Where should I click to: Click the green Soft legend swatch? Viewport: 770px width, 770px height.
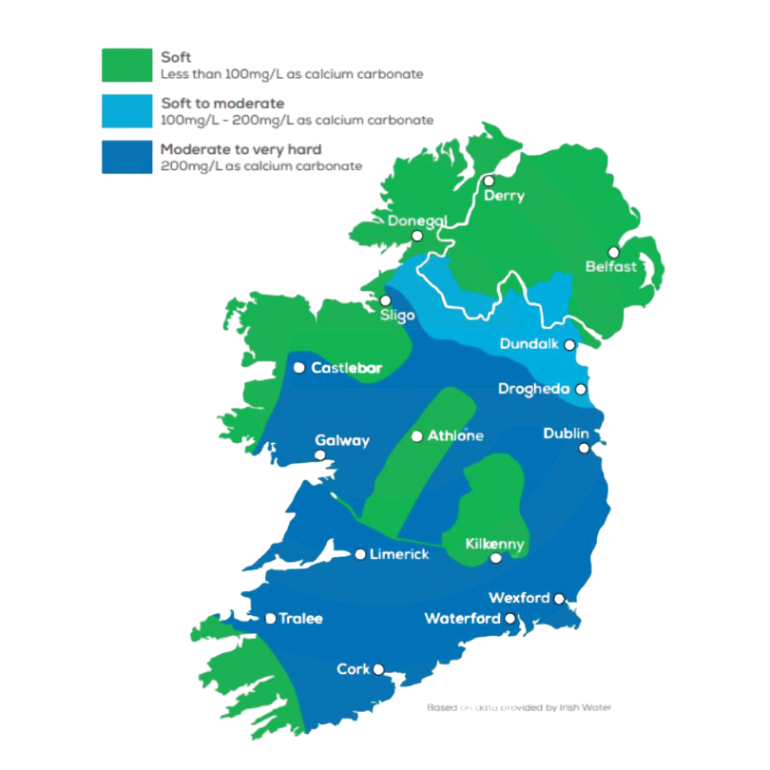(125, 65)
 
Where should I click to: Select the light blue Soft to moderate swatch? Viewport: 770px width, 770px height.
(125, 111)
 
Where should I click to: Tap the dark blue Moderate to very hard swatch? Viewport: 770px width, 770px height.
(125, 157)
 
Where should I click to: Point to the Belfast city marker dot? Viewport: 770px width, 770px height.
(613, 253)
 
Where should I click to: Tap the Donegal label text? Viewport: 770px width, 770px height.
(416, 221)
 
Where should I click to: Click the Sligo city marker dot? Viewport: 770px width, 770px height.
(385, 300)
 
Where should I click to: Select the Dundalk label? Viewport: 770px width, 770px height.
(529, 344)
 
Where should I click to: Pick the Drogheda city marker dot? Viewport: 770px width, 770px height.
(581, 389)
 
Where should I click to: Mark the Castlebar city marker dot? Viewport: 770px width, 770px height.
(300, 368)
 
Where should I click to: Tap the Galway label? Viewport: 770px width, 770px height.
(342, 441)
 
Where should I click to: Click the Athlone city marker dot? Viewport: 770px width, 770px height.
(416, 437)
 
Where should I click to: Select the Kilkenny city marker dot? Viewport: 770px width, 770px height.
(494, 559)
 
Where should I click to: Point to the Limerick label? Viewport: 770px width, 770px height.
(400, 554)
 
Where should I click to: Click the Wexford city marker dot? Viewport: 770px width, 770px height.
(559, 599)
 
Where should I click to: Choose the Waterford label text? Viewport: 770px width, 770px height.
(462, 619)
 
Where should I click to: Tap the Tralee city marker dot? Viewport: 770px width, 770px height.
(271, 619)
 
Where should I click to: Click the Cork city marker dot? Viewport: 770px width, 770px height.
(378, 669)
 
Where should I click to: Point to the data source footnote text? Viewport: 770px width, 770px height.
(518, 707)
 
